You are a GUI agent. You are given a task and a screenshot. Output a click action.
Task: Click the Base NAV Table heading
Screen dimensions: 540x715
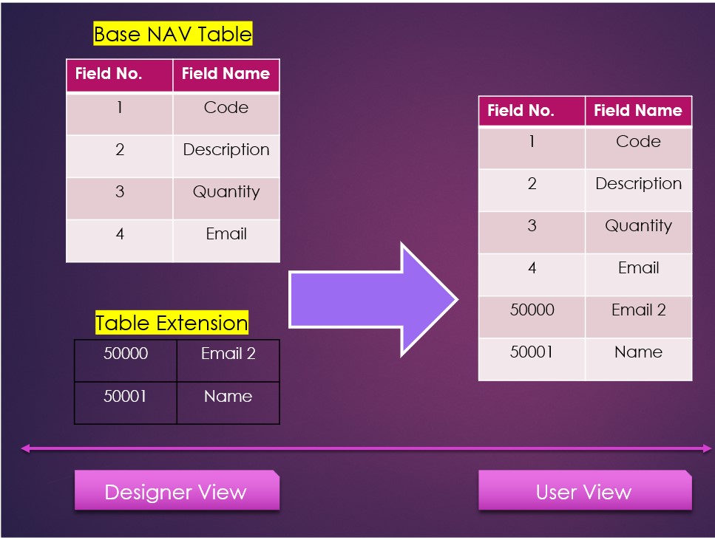[173, 34]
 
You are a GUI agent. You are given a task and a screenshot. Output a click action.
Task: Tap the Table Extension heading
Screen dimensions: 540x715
[172, 323]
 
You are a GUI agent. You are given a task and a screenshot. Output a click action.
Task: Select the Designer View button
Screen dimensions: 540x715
[176, 492]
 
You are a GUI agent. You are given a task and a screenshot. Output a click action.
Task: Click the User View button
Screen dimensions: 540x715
[584, 492]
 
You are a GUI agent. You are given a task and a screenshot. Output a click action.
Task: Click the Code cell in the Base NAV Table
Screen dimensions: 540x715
[226, 108]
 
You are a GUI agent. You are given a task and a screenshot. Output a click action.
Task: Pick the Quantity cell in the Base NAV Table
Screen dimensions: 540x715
[226, 192]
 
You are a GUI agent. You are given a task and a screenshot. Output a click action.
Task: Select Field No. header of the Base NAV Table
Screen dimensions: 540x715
[109, 74]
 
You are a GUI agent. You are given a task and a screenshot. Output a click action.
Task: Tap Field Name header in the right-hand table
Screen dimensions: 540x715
[637, 111]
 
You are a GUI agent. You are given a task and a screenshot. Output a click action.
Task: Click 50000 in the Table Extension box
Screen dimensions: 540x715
[126, 354]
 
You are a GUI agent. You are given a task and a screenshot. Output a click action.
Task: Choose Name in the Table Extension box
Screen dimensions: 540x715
[228, 397]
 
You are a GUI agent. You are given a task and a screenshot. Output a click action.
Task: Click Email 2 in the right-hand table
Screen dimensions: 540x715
[638, 310]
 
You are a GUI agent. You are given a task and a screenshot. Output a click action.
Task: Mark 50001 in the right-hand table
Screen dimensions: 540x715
[532, 352]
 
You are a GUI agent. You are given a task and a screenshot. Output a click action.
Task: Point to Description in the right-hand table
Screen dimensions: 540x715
[638, 184]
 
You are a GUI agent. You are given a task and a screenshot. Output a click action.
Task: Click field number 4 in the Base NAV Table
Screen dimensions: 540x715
[120, 234]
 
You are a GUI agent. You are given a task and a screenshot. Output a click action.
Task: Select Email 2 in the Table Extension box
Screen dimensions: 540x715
[228, 354]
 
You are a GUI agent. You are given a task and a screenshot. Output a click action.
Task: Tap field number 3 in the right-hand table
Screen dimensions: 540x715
[532, 226]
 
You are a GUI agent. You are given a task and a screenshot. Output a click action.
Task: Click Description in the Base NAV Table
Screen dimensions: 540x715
[226, 150]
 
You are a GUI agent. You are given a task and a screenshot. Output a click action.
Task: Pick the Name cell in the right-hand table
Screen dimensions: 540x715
[638, 352]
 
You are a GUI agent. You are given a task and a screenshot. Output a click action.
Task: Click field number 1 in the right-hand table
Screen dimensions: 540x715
[532, 142]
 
